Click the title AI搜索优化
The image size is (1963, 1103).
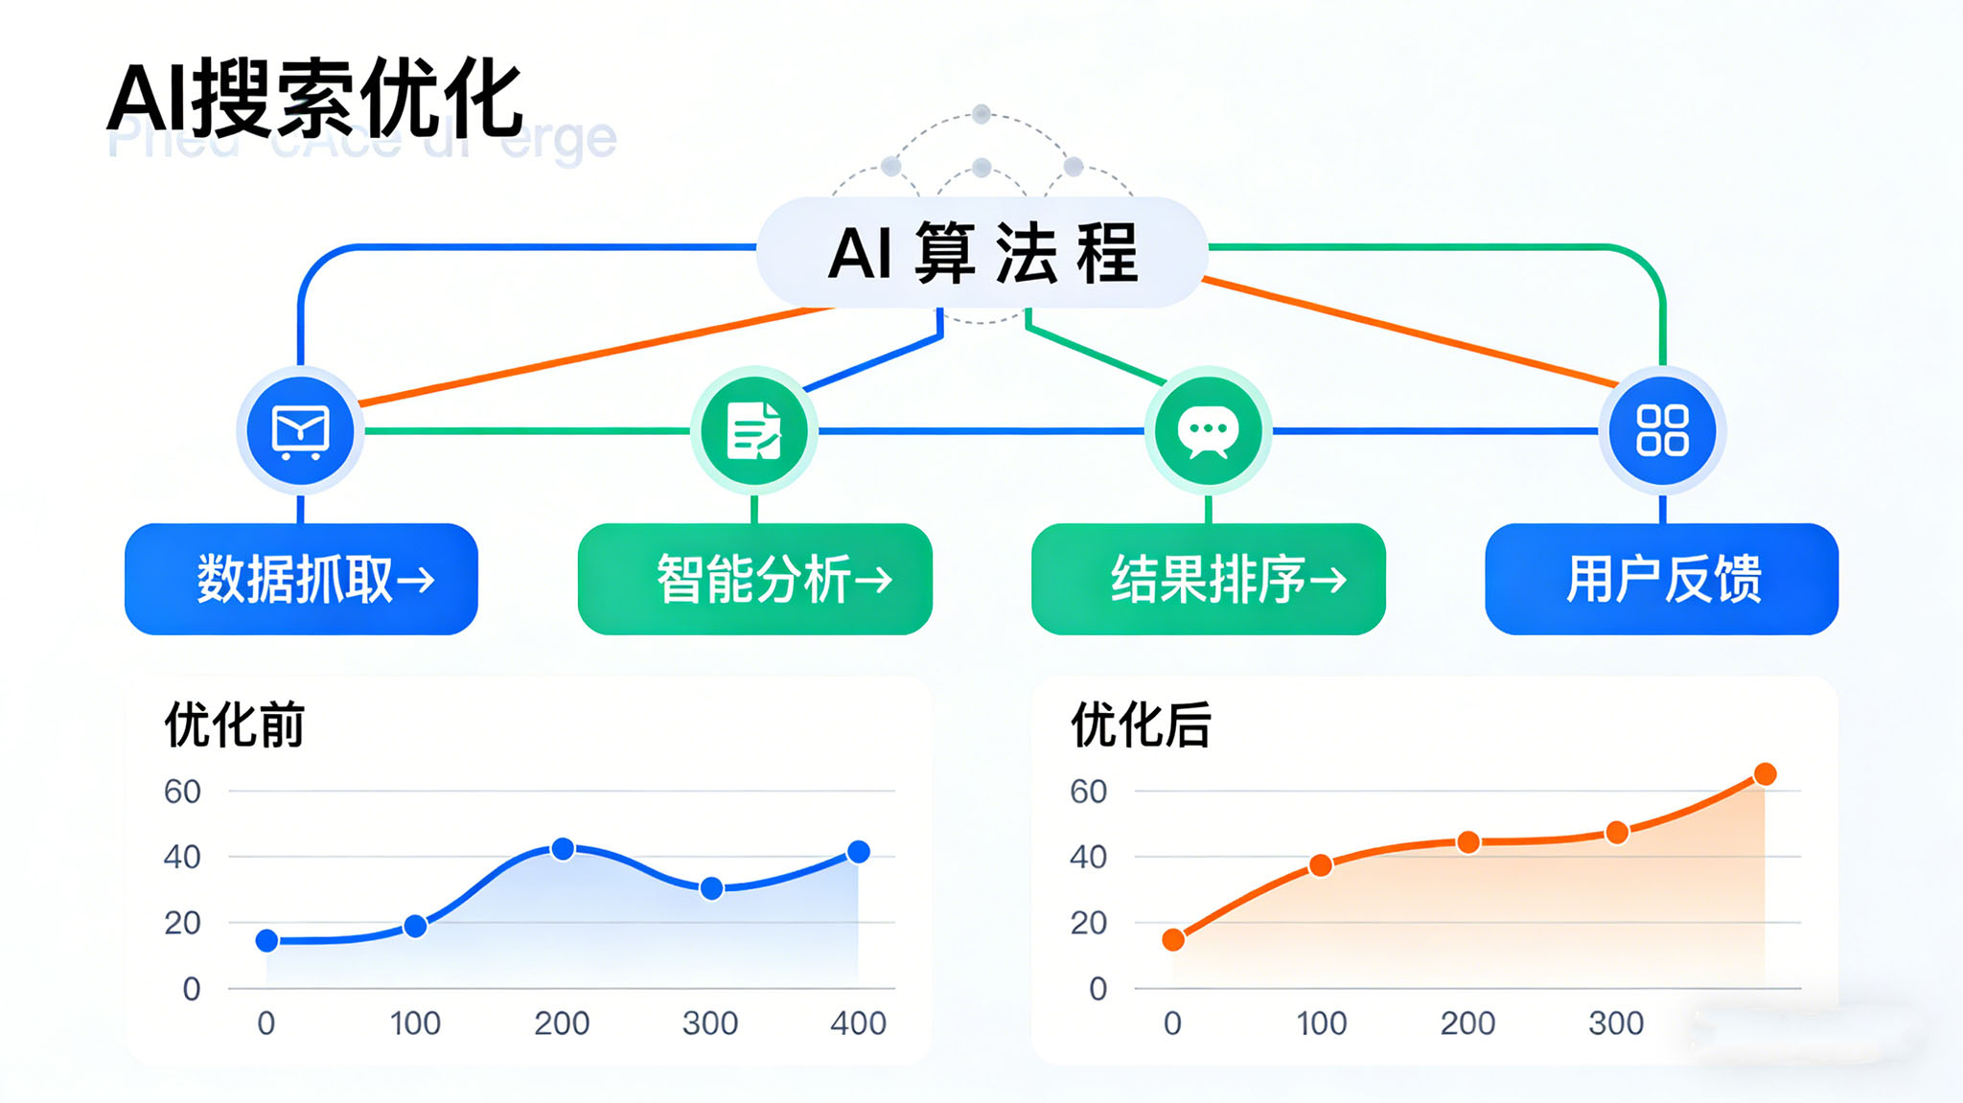point(314,99)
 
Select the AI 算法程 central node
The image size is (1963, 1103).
point(981,253)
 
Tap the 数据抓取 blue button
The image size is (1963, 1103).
point(301,579)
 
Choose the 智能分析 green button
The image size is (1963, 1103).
point(755,579)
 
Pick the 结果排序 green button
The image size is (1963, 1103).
point(1209,579)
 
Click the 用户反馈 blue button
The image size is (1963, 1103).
point(1662,579)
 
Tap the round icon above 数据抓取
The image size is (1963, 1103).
point(301,430)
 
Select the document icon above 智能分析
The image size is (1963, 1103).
point(754,430)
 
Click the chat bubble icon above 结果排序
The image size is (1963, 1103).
point(1208,430)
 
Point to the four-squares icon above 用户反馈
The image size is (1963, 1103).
point(1662,430)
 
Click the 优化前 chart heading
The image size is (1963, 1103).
point(234,724)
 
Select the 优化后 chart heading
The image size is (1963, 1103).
point(1141,724)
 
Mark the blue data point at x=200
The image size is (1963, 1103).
point(564,849)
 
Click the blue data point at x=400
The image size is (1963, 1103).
point(859,852)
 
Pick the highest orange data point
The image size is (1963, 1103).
point(1765,774)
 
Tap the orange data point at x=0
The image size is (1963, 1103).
point(1173,940)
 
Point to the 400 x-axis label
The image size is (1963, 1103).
point(858,1023)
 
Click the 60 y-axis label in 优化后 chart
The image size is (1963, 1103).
point(1088,792)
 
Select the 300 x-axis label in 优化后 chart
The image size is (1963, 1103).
point(1616,1023)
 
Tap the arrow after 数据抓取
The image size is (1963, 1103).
point(416,580)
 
